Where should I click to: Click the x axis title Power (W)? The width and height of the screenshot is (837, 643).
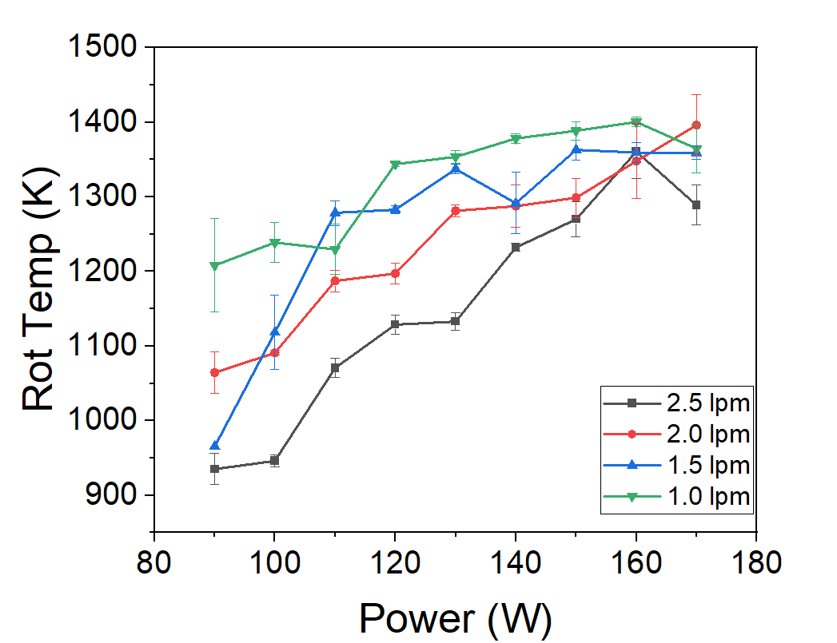pos(455,617)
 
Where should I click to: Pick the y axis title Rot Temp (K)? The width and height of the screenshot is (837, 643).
pos(40,289)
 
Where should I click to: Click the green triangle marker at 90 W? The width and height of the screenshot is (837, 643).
pos(214,265)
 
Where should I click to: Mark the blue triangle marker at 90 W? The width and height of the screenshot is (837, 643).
pos(214,446)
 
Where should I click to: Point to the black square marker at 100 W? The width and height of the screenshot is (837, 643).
pos(274,461)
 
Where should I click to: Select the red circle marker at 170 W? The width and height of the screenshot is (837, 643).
pos(696,125)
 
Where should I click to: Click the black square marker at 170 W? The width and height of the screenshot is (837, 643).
pos(696,205)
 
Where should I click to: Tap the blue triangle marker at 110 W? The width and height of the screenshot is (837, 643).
pos(335,212)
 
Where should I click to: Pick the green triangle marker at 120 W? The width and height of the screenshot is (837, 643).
pos(395,165)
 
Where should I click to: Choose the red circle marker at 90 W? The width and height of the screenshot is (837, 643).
pos(214,372)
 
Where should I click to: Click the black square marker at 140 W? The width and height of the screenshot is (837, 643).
pos(516,248)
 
